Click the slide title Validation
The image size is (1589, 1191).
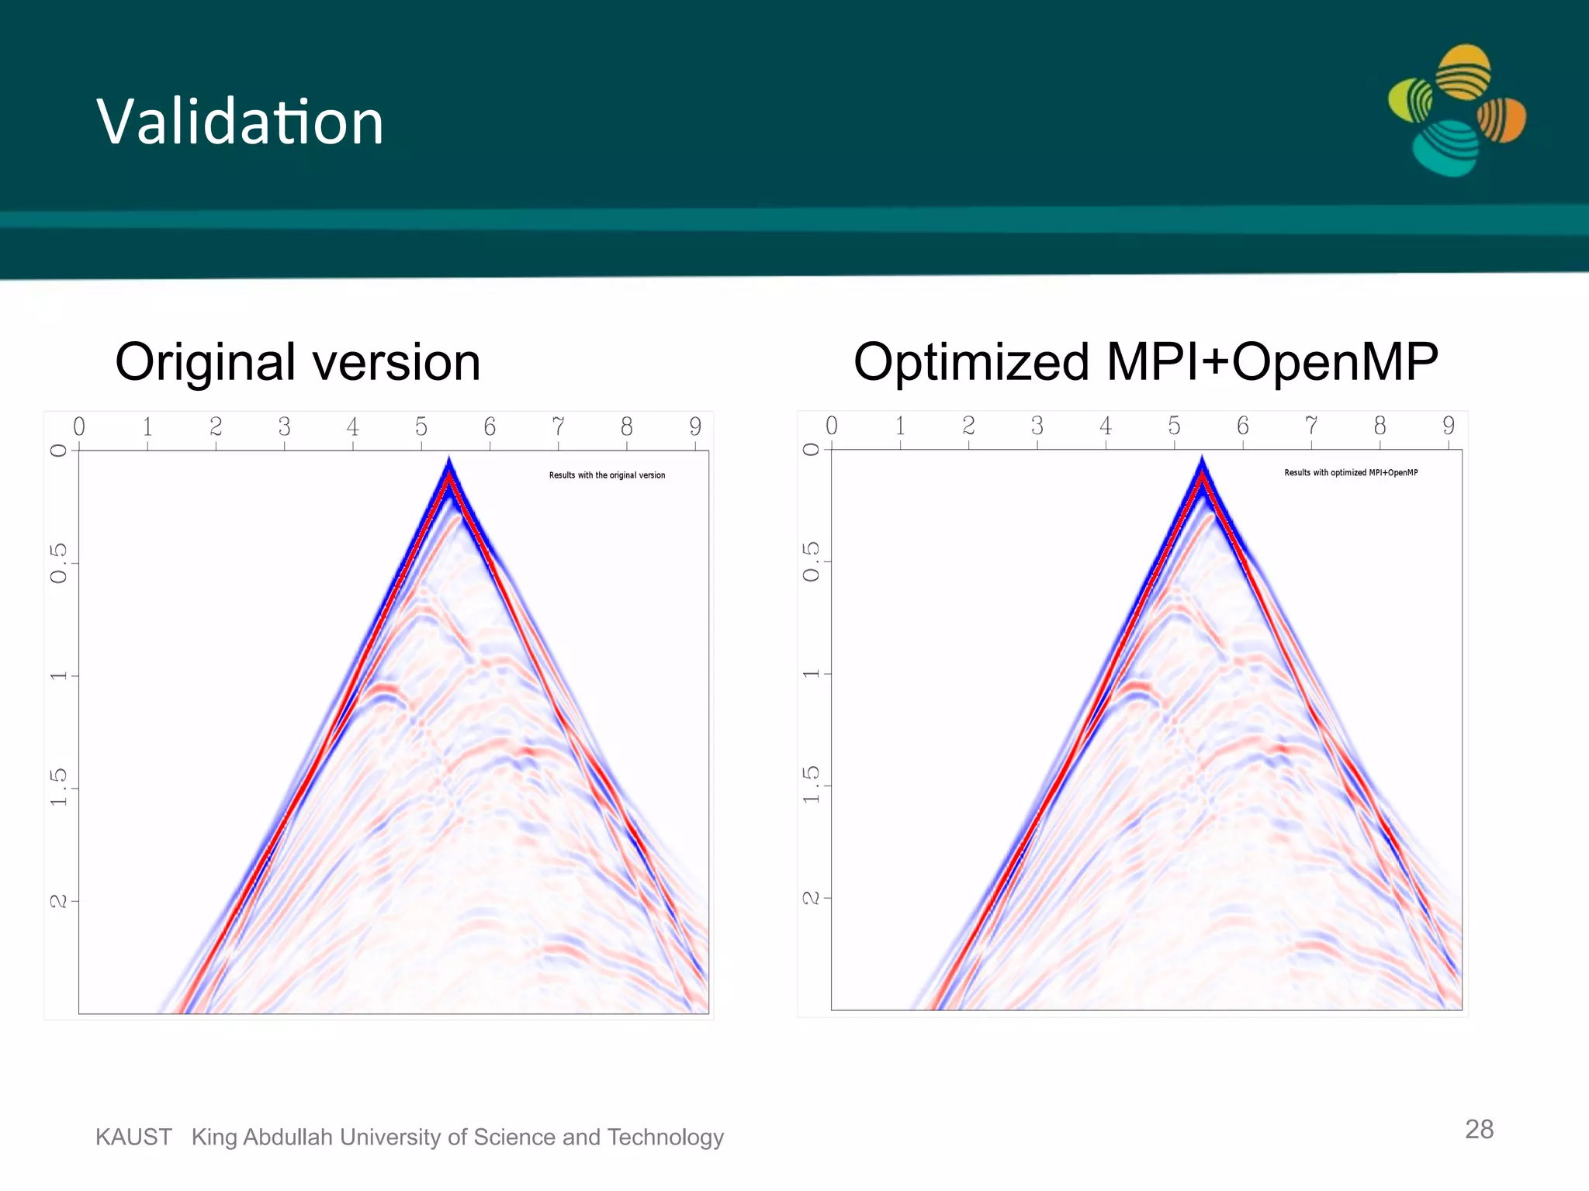point(240,122)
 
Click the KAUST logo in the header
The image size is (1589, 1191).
point(1456,111)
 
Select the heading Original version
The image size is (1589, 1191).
point(298,362)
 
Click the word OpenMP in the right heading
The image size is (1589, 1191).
point(1335,362)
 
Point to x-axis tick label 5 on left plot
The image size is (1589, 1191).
point(421,426)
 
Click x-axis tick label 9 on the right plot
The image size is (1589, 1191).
point(1448,425)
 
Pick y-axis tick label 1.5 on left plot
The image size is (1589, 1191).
point(59,787)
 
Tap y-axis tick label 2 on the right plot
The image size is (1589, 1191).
point(811,898)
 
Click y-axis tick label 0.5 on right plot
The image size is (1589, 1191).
point(811,561)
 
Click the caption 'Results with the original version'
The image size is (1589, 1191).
point(607,475)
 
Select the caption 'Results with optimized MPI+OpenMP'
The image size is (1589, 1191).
point(1351,472)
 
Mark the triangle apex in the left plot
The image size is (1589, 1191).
point(448,461)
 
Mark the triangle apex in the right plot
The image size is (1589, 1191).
point(1202,458)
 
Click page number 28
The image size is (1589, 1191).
point(1479,1129)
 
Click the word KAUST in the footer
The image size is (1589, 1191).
point(133,1137)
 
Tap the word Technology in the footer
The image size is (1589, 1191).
point(665,1137)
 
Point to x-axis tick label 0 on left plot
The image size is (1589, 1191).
point(79,426)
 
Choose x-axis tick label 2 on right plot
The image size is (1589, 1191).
point(968,425)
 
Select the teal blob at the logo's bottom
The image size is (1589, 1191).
point(1446,148)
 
